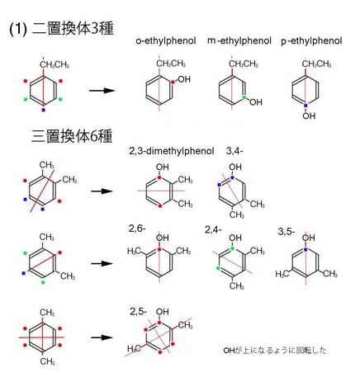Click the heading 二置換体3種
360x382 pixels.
click(73, 29)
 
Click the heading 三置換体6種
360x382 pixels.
click(72, 136)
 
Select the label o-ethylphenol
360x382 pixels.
click(166, 41)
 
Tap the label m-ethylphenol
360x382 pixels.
click(239, 41)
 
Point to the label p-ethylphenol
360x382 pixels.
click(311, 41)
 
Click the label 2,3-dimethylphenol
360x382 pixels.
click(172, 151)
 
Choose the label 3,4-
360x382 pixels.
click(234, 151)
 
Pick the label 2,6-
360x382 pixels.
click(137, 229)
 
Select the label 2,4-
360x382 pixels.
click(213, 229)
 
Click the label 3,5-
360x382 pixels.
click(287, 232)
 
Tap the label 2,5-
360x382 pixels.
click(139, 312)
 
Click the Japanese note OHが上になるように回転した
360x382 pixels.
click(275, 351)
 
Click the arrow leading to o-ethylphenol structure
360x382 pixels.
click(102, 91)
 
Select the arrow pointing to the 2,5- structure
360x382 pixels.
click(102, 337)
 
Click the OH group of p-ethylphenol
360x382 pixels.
click(309, 116)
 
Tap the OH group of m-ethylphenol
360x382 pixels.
click(256, 102)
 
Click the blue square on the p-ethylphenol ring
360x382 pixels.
click(306, 106)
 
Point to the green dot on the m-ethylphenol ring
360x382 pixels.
click(244, 97)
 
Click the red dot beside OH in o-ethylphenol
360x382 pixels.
click(173, 82)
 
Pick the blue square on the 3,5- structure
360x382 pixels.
click(306, 249)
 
